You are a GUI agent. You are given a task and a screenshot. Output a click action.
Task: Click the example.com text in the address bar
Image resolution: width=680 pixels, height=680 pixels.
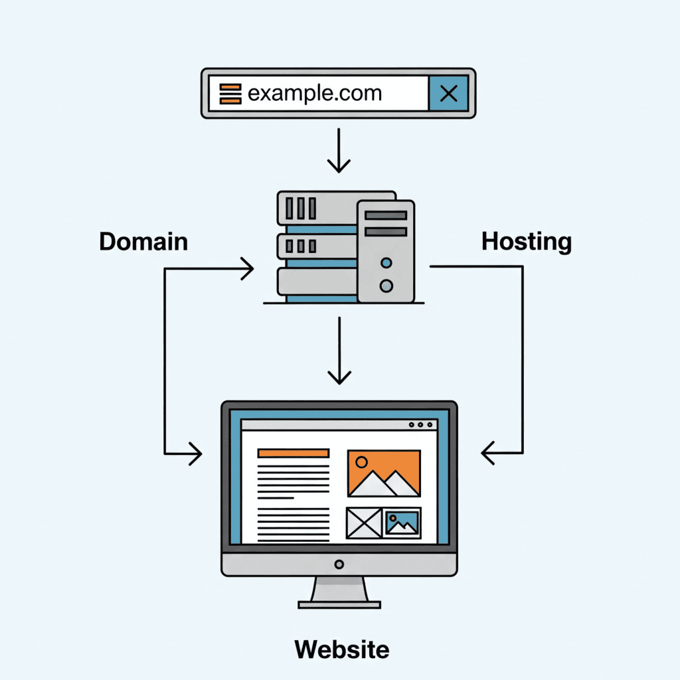(x=314, y=93)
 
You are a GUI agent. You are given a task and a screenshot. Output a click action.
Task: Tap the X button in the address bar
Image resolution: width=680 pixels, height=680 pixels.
(x=449, y=94)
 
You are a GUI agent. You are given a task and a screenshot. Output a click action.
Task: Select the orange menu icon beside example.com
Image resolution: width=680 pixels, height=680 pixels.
(x=230, y=94)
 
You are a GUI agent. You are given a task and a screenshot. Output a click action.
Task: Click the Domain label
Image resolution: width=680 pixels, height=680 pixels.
(x=143, y=241)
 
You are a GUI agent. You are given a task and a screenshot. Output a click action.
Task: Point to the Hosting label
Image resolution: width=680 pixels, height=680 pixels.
(x=526, y=241)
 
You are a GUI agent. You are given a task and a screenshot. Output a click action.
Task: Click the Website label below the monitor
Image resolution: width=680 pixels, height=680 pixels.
(x=342, y=649)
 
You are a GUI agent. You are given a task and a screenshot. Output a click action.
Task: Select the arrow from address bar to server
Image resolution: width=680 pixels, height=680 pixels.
(x=339, y=151)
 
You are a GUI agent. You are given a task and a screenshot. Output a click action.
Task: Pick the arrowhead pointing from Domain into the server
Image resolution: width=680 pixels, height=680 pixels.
(x=248, y=269)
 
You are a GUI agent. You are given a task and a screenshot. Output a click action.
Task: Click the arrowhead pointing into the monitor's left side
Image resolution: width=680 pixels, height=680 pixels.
(x=195, y=454)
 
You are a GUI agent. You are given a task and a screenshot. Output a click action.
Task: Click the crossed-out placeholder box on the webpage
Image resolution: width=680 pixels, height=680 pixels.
(x=364, y=523)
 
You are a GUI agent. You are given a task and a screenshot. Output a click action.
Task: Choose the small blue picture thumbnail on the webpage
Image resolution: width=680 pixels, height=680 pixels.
(x=402, y=523)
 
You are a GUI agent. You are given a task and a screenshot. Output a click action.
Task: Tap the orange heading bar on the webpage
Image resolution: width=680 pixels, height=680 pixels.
(x=293, y=453)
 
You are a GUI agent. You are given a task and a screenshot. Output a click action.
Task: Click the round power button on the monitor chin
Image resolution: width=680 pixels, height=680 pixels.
(x=339, y=564)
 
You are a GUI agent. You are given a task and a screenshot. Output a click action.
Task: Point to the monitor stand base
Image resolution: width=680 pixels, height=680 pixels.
(x=339, y=604)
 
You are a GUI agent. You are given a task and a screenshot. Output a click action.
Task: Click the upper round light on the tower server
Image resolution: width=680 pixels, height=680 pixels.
(x=386, y=264)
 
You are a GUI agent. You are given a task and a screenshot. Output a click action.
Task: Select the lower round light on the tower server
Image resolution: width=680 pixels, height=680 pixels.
(x=386, y=286)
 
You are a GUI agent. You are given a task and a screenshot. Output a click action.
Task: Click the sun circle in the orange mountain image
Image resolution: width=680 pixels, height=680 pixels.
(x=362, y=462)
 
